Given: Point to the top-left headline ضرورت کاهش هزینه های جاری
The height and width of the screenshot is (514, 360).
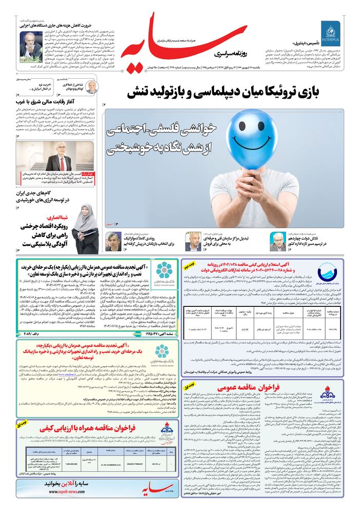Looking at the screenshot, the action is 53,24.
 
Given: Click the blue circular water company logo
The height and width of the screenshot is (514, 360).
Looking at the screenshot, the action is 327,274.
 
